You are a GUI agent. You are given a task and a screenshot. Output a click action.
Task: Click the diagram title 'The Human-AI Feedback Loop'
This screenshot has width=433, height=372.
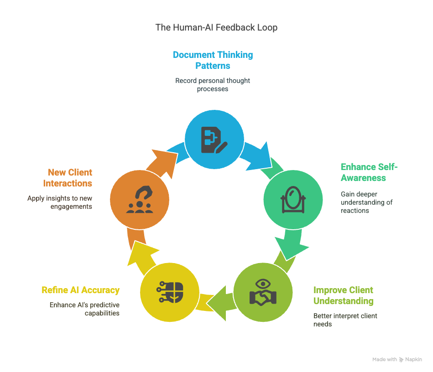click(216, 27)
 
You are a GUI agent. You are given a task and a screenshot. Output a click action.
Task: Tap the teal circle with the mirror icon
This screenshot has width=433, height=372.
click(293, 200)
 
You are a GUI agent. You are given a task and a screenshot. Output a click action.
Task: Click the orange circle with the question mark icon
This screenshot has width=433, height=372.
click(139, 200)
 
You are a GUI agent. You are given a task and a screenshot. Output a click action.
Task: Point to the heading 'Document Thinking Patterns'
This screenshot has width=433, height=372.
click(213, 60)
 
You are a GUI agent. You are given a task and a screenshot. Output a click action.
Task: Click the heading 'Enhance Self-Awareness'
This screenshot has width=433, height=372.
click(369, 172)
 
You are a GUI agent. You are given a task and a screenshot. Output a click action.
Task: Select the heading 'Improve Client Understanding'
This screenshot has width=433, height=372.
click(343, 295)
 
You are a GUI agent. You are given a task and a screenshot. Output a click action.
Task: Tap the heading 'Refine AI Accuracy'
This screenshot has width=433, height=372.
click(80, 290)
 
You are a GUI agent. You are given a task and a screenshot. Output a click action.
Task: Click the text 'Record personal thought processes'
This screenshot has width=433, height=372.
click(213, 85)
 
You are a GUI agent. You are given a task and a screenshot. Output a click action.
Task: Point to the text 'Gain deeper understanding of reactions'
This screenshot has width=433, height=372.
click(366, 202)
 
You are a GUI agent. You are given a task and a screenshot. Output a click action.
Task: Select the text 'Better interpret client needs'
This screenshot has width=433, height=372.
click(345, 320)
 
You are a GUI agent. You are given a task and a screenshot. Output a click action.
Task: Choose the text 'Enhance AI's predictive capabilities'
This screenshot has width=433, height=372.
click(84, 309)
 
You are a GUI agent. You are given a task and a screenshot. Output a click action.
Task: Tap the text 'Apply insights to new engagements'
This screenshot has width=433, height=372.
click(60, 202)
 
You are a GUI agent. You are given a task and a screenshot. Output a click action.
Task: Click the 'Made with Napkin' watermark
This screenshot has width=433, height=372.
click(397, 360)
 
